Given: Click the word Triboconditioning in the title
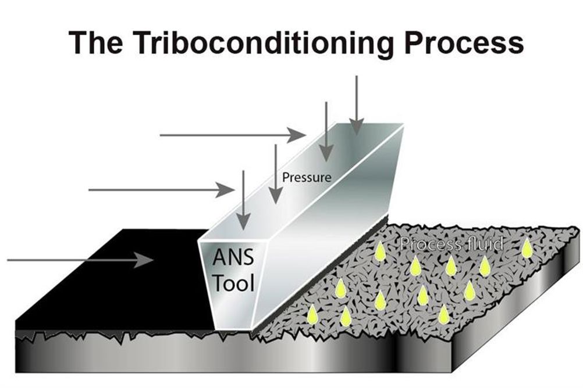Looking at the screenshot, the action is tap(263, 42).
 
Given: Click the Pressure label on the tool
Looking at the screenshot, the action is tap(307, 177).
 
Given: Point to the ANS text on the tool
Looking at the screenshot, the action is tap(233, 257).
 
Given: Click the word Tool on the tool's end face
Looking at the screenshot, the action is tap(234, 283).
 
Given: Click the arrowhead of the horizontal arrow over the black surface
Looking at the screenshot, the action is tap(144, 260).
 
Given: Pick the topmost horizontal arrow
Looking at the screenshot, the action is tap(233, 135).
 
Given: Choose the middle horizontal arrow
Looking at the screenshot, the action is tap(161, 190).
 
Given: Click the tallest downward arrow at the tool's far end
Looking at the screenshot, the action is tap(357, 106).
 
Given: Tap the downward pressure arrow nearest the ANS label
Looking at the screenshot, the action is tap(243, 200).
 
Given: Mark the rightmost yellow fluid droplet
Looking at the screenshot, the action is tap(526, 247).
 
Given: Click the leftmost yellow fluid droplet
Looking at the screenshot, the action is tap(312, 314).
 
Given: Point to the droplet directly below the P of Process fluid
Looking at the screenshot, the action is tap(415, 266).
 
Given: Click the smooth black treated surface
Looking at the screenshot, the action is tap(112, 278).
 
